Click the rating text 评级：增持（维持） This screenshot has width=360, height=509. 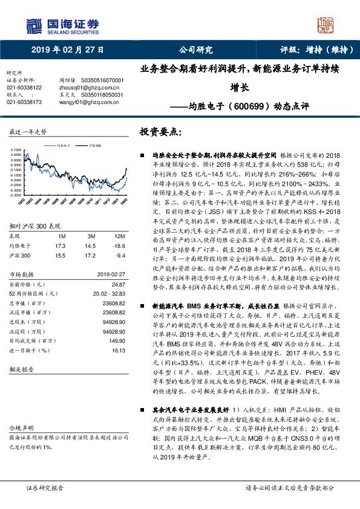[x=311, y=50]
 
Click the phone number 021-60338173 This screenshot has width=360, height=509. [x=24, y=102]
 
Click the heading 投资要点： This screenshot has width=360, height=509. [x=160, y=131]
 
